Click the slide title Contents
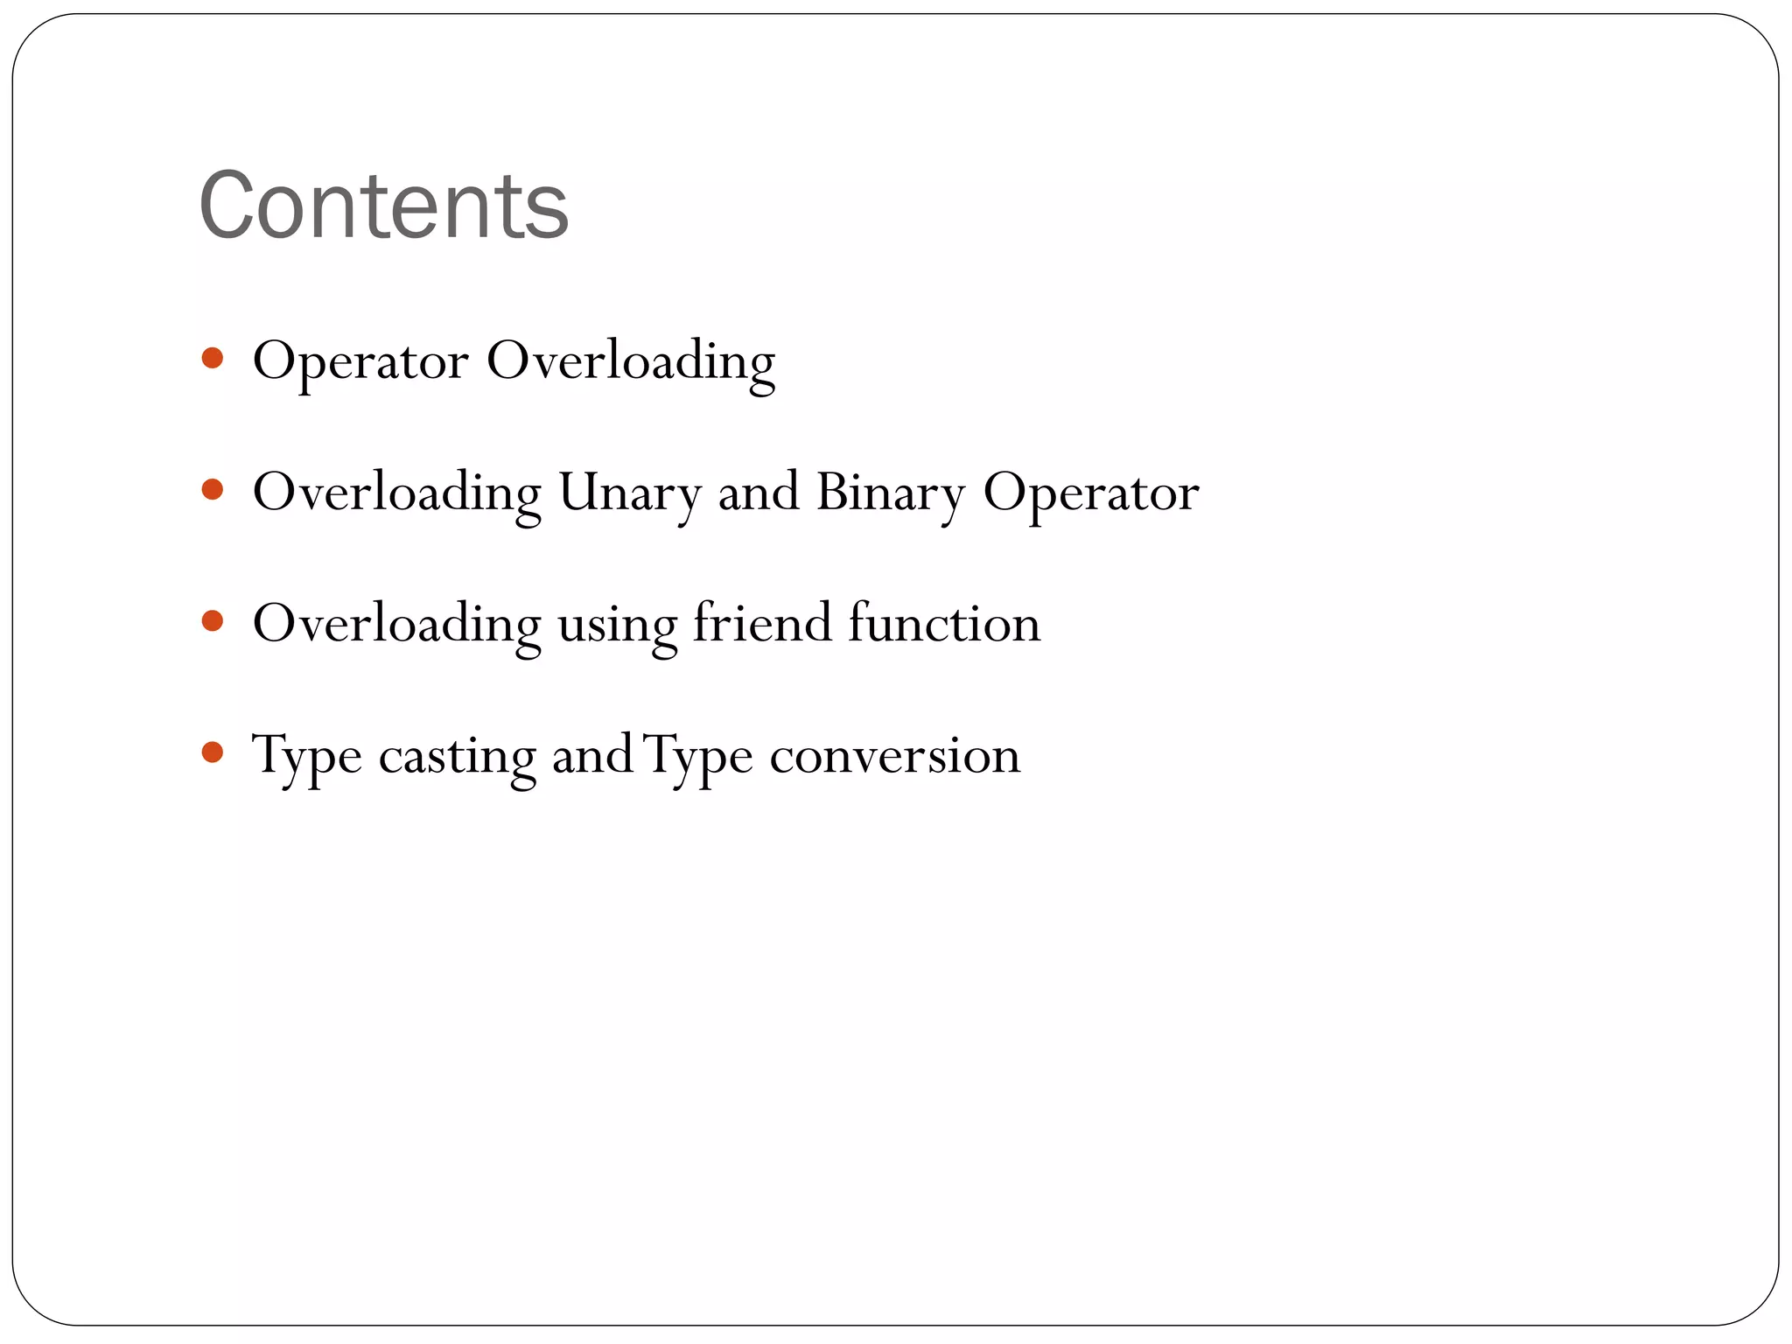point(383,206)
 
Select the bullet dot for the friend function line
point(212,620)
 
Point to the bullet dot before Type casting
point(212,752)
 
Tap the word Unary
point(629,493)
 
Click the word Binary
point(890,493)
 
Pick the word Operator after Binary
point(1090,494)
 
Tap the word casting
point(457,756)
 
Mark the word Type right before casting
point(307,756)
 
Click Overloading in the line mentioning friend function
point(396,625)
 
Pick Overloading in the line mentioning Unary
point(396,493)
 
